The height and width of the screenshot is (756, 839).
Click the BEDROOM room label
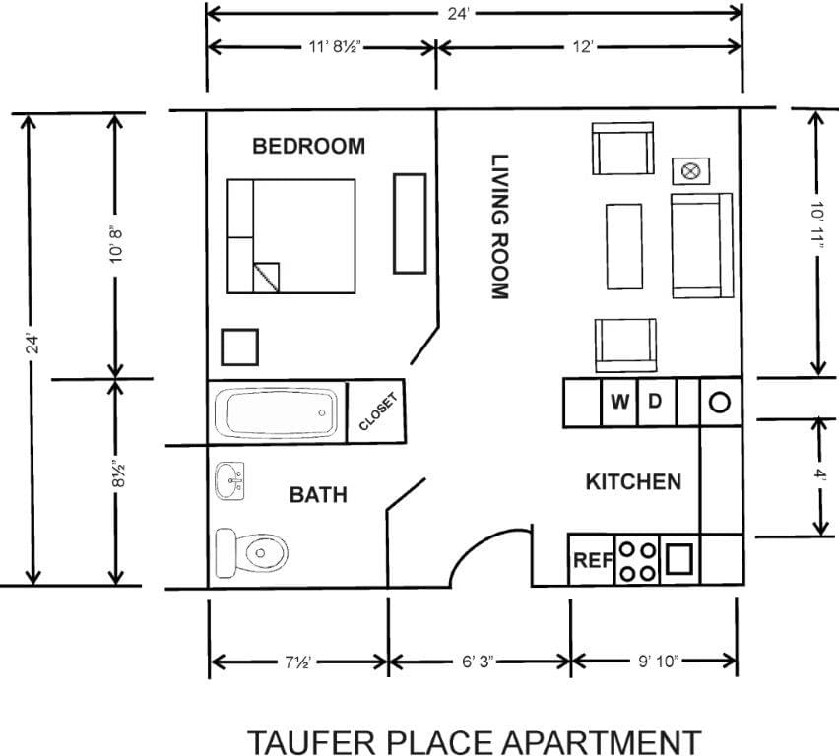click(x=308, y=147)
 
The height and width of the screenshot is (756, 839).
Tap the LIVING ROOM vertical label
click(x=499, y=226)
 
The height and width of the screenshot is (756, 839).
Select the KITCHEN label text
click(x=633, y=481)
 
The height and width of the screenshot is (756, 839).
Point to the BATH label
click(x=317, y=494)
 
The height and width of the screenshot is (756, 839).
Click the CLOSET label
click(x=379, y=412)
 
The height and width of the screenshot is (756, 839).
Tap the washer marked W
click(x=619, y=402)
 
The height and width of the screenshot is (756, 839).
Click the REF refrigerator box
click(x=592, y=560)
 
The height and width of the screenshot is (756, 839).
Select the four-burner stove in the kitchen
click(x=636, y=560)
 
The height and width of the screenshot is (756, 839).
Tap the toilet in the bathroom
click(x=253, y=552)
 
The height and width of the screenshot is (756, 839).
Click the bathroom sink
click(x=229, y=481)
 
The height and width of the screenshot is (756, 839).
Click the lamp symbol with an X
click(x=690, y=171)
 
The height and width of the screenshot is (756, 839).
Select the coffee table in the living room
click(x=624, y=246)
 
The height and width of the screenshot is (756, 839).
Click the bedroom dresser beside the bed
click(x=410, y=223)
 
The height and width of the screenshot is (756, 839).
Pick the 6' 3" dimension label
click(x=480, y=661)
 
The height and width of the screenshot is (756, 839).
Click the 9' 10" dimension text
click(x=655, y=661)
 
